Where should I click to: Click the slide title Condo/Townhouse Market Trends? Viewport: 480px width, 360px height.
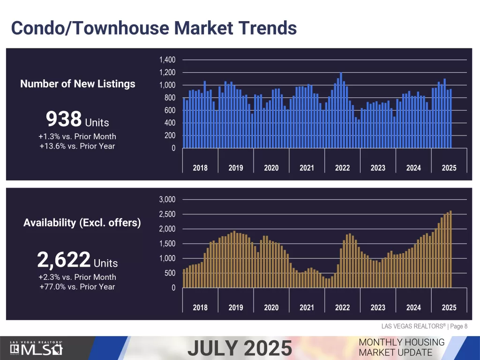tap(154, 28)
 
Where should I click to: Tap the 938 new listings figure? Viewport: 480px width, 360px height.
tap(64, 120)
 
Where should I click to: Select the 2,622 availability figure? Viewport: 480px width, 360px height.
tap(63, 259)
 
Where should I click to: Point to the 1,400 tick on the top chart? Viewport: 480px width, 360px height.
tap(167, 60)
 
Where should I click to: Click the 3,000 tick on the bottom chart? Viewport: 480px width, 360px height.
tap(167, 200)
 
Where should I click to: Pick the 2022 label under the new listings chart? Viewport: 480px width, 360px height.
tap(342, 168)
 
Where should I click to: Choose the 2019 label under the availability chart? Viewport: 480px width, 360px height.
tap(236, 307)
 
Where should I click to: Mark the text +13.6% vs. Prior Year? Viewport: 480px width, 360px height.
tap(77, 146)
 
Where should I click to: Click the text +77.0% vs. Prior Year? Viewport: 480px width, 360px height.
tap(77, 286)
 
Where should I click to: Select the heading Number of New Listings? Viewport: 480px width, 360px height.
tap(78, 84)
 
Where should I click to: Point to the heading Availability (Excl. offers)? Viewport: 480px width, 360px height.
tap(82, 223)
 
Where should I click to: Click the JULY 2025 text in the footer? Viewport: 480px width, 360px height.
tap(240, 348)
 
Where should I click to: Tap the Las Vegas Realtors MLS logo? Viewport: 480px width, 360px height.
tap(37, 348)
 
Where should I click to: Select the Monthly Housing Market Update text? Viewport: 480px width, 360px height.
tap(401, 347)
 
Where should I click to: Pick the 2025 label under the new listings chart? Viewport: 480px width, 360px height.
tap(449, 168)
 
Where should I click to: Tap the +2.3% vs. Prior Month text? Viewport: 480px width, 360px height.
tap(77, 277)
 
